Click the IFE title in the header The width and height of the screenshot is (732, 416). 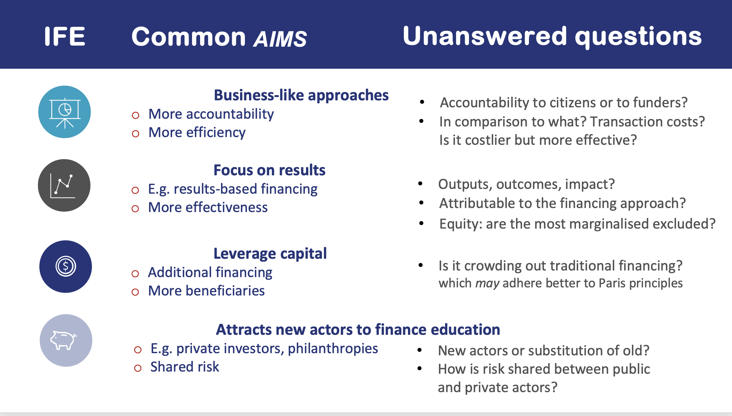tap(65, 36)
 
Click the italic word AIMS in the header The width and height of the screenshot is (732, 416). tap(280, 39)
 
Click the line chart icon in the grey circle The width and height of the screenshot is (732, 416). tap(63, 186)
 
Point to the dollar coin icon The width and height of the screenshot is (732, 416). tap(66, 266)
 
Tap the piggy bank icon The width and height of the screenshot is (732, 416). tap(63, 340)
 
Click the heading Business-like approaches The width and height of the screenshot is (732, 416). tap(301, 95)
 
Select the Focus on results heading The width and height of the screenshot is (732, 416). tap(270, 170)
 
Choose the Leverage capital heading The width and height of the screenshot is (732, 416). tap(270, 254)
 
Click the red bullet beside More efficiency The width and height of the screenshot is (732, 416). tap(135, 133)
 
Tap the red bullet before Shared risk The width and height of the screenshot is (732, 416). tap(138, 368)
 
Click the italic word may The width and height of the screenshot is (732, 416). tap(487, 283)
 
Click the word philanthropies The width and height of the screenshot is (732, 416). tap(333, 348)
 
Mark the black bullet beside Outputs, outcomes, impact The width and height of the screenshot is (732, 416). tap(420, 183)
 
